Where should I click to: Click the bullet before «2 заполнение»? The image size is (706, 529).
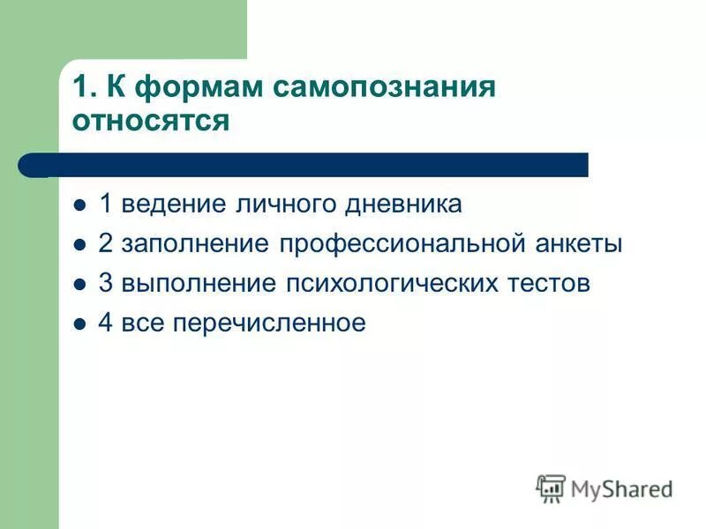pyautogui.click(x=79, y=245)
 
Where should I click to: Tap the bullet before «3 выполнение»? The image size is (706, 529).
pyautogui.click(x=79, y=285)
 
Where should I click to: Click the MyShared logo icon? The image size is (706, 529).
pyautogui.click(x=551, y=488)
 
